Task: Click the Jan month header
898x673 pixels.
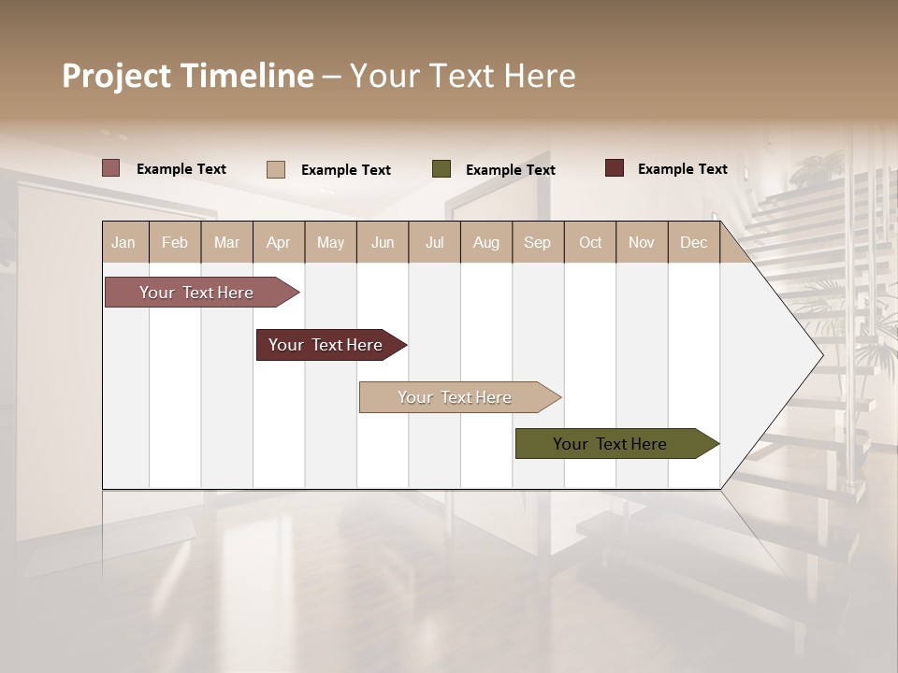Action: [123, 242]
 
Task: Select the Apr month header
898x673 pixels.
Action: [278, 242]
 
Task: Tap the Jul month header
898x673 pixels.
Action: [434, 242]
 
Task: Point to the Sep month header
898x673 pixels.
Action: [537, 242]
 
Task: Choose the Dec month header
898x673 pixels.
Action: [693, 242]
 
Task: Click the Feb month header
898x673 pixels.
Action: [175, 242]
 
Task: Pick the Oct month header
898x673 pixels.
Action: [590, 242]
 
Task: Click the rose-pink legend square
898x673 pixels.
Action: [111, 168]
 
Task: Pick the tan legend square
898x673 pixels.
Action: [276, 169]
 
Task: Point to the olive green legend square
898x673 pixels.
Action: [442, 169]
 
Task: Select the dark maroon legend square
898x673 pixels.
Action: [615, 168]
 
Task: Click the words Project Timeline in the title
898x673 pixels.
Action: [188, 76]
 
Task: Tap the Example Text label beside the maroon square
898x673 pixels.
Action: [682, 169]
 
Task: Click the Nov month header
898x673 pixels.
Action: [641, 242]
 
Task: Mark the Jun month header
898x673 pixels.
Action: [383, 242]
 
